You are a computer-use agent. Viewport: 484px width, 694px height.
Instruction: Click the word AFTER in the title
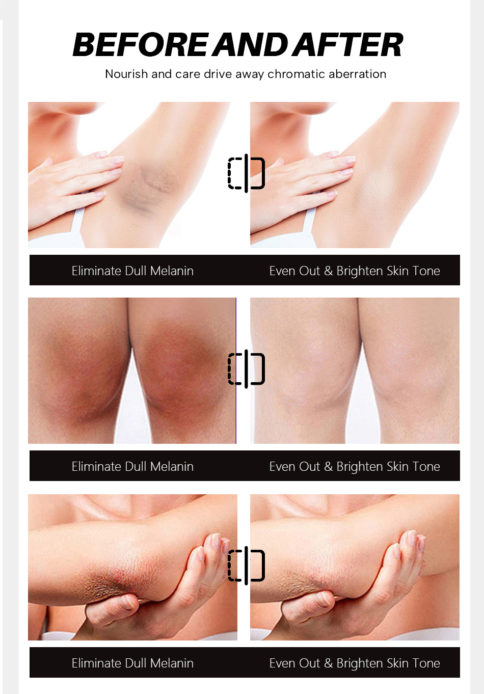pos(350,45)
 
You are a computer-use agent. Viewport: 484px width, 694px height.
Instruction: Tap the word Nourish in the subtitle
pos(126,74)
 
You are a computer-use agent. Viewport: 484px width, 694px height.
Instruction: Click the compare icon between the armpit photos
pos(246,173)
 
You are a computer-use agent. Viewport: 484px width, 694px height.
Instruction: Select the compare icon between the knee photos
pos(246,368)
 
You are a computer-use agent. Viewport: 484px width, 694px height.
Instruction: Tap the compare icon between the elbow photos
pos(246,565)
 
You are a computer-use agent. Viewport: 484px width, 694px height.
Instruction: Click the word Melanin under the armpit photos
pos(172,271)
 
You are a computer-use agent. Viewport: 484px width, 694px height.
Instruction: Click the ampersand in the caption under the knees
pos(328,467)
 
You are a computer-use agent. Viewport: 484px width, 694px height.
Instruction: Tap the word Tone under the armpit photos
pos(426,271)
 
